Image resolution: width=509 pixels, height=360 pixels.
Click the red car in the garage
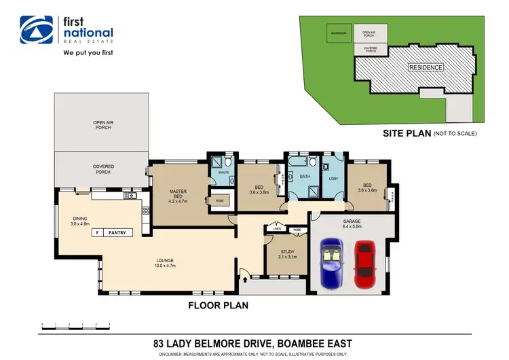365,264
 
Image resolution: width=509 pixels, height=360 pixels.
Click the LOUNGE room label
166,263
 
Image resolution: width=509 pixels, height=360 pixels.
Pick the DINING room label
80,221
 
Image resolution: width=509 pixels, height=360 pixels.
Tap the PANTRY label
118,232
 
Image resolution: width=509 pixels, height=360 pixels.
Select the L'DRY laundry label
333,179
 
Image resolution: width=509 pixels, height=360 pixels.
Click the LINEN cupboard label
277,230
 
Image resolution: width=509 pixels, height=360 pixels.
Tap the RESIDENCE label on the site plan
426,67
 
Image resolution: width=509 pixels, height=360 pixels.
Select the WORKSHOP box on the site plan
339,33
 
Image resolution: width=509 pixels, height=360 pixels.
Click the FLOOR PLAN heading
218,306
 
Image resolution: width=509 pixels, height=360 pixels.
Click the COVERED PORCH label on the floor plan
103,168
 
